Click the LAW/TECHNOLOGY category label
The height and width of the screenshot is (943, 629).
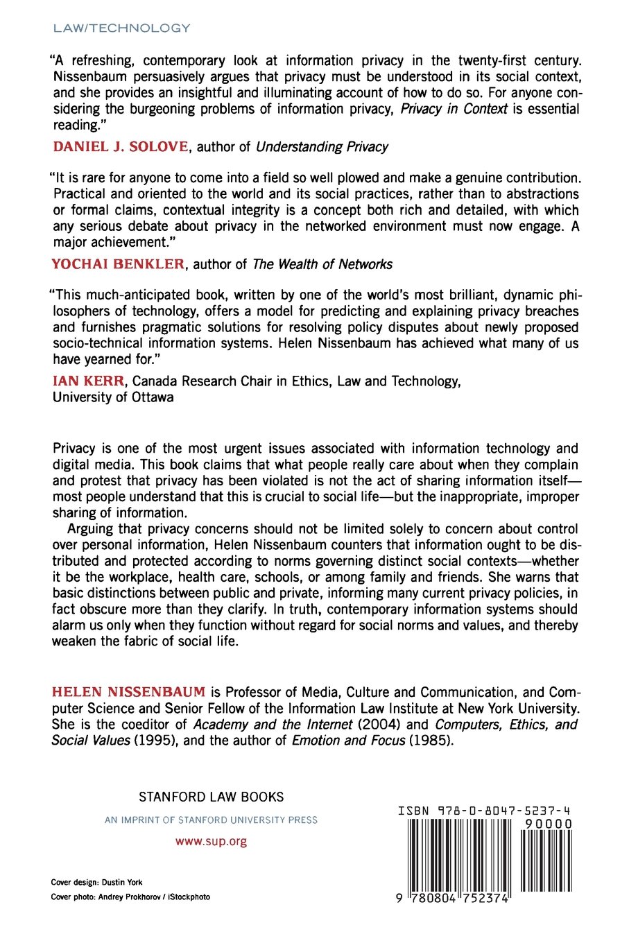tap(121, 28)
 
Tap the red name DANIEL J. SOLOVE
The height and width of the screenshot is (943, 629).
tap(121, 146)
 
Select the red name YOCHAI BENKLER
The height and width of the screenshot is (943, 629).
tap(119, 264)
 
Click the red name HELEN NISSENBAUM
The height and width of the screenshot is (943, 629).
tap(129, 692)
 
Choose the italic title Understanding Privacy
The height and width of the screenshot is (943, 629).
tap(322, 147)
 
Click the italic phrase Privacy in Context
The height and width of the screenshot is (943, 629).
tap(454, 109)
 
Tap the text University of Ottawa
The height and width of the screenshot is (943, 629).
tap(113, 397)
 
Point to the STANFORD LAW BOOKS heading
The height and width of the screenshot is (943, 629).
tap(211, 797)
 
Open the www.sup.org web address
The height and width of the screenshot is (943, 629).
tap(211, 842)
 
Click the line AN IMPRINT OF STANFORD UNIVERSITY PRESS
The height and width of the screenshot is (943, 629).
tap(211, 820)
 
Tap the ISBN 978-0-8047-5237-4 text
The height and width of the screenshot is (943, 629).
tap(485, 811)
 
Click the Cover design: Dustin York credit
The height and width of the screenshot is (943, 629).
tap(96, 883)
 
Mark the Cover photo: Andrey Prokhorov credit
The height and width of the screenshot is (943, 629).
tap(130, 897)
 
